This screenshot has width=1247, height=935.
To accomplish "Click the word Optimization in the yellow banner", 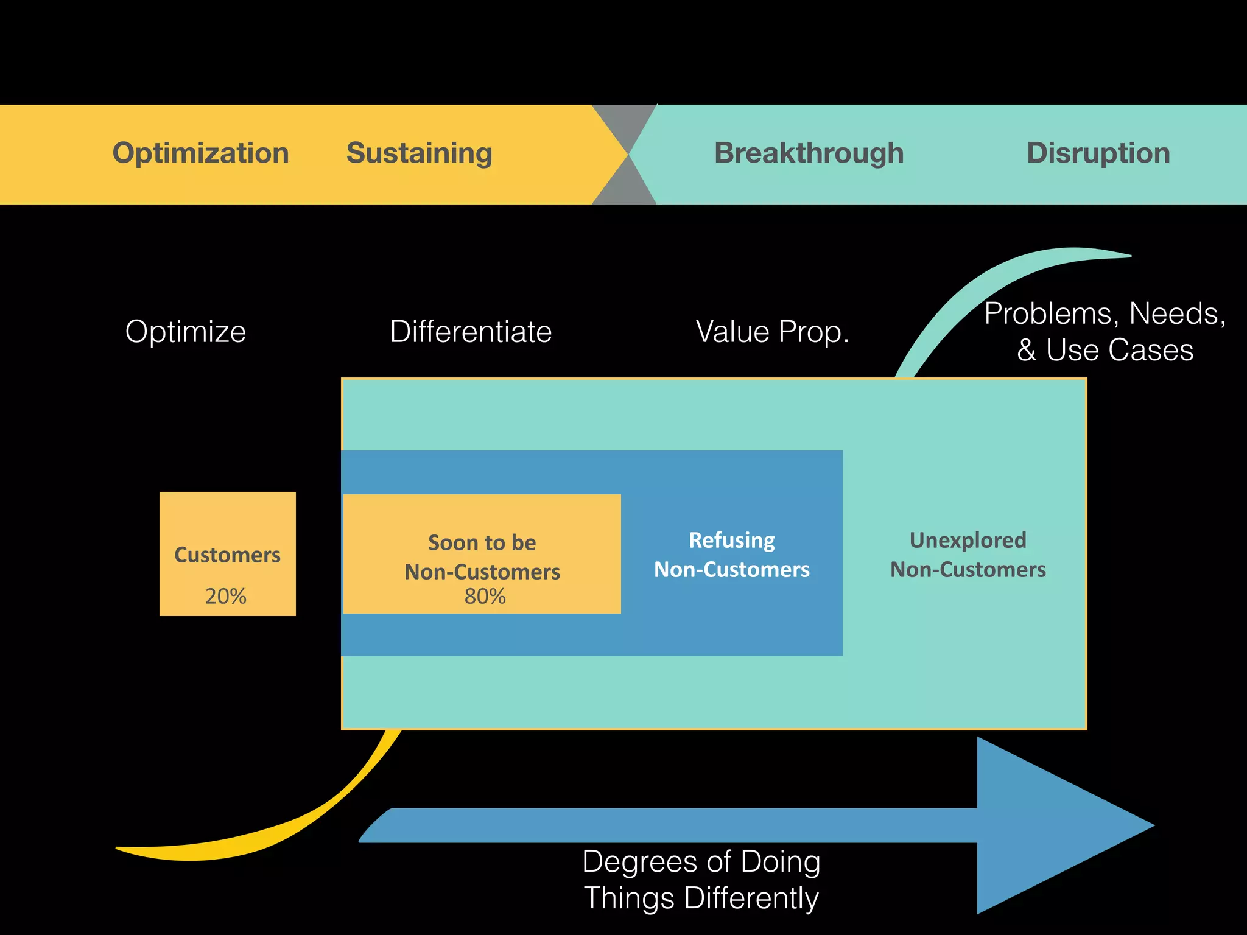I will (x=200, y=153).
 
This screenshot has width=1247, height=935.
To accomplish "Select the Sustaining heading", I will (x=419, y=153).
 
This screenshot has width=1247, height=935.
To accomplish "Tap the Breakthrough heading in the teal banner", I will (x=809, y=153).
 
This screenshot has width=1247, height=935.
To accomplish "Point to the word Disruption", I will (x=1098, y=153).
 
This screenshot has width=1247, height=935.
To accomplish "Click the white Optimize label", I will (x=186, y=332).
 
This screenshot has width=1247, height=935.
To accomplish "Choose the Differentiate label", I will (x=471, y=332).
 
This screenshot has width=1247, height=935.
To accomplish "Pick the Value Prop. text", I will (x=772, y=332).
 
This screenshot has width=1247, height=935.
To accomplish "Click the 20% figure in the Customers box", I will (x=226, y=596).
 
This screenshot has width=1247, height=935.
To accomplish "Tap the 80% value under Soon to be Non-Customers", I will (x=485, y=597).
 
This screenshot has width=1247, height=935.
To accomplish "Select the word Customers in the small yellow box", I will (x=227, y=555).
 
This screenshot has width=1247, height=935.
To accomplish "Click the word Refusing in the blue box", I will (x=731, y=541).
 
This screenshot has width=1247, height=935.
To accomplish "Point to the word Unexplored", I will (x=968, y=541).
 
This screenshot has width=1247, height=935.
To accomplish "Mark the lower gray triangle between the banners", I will (x=625, y=189).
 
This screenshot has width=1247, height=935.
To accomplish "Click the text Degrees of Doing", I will (x=701, y=862).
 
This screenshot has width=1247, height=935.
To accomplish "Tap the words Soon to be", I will (x=482, y=543).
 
